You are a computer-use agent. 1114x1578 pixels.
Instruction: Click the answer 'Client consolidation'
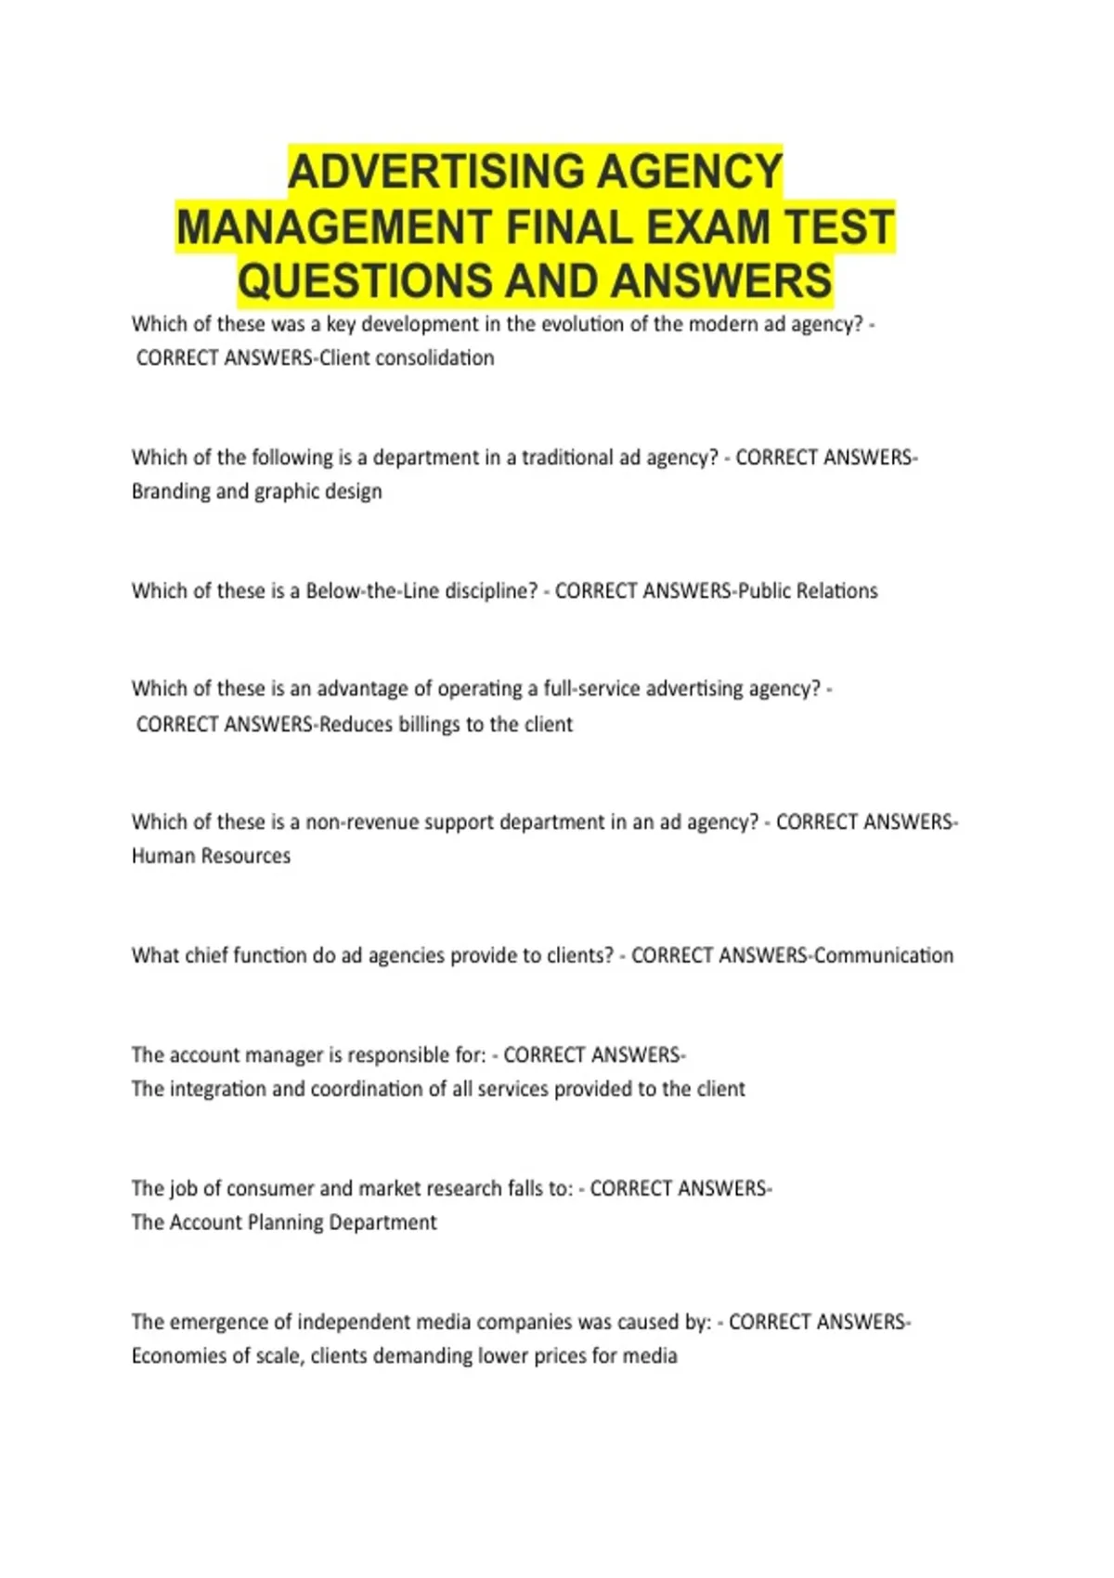click(x=407, y=358)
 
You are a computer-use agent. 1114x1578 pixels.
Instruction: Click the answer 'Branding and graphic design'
click(x=257, y=491)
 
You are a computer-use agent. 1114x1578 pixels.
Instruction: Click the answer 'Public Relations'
click(x=808, y=591)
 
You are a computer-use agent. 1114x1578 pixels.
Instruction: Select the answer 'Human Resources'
click(x=211, y=856)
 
